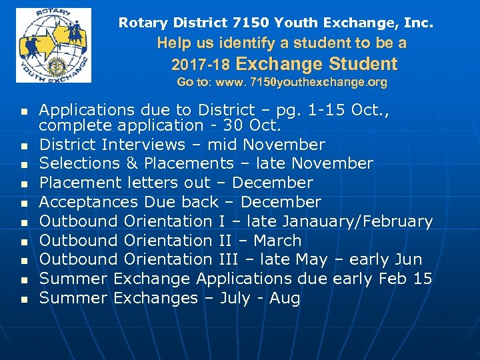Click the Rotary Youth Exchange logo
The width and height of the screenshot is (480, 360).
pyautogui.click(x=53, y=45)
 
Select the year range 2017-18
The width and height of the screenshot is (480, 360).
pyautogui.click(x=201, y=65)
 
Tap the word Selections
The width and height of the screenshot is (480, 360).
pyautogui.click(x=77, y=163)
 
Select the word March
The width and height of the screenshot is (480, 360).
pyautogui.click(x=277, y=240)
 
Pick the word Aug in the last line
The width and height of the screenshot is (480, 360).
pyautogui.click(x=285, y=298)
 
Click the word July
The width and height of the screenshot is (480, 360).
pyautogui.click(x=235, y=298)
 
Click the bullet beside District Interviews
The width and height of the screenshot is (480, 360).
pyautogui.click(x=24, y=145)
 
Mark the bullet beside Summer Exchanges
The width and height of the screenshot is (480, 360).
pyautogui.click(x=24, y=299)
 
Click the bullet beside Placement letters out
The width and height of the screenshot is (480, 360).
pyautogui.click(x=24, y=183)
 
